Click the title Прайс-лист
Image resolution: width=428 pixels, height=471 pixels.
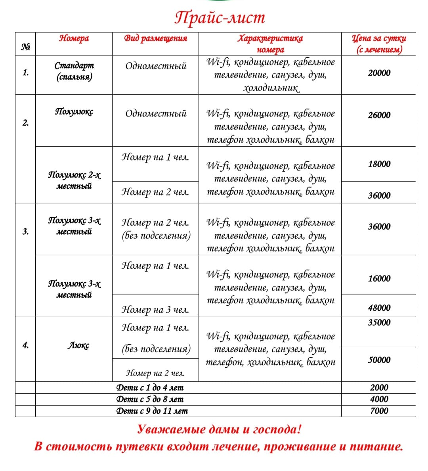coord(220,18)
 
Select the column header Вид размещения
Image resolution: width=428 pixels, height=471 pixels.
coord(155,38)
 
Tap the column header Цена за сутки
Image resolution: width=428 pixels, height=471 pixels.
coord(379,44)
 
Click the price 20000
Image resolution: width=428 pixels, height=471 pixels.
coord(379,73)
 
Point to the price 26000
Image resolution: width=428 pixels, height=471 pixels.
coord(379,115)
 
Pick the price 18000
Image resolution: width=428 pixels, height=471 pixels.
coord(379,164)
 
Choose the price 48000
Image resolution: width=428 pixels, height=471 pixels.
coord(379,308)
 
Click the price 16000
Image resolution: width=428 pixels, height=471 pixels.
coord(379,278)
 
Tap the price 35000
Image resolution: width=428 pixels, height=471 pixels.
coord(379,322)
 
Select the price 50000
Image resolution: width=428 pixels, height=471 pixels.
coord(379,360)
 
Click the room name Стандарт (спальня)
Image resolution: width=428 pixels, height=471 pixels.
coord(74,71)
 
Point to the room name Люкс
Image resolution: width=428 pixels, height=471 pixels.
coord(78,345)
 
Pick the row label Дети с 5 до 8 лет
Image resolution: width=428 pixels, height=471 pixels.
coord(150,399)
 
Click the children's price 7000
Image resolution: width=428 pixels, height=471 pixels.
coord(379,411)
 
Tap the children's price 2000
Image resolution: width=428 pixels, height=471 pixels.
coord(379,388)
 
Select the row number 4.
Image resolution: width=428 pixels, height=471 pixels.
coord(25,345)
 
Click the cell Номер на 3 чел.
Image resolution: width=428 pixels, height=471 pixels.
coord(155,310)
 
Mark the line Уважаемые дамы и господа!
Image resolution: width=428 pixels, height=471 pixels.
coord(219,429)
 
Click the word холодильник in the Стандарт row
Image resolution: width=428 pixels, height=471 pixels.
coord(271,88)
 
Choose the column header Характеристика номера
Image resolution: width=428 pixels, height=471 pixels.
coord(270,44)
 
